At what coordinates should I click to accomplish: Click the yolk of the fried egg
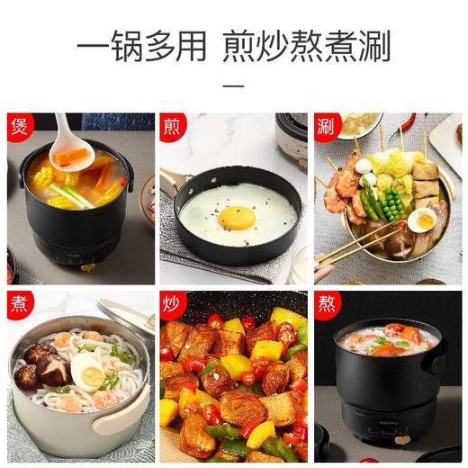[236, 217]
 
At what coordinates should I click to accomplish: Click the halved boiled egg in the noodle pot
[87, 371]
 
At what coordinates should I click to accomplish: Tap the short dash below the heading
[233, 87]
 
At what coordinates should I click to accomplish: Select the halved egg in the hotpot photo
[421, 220]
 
